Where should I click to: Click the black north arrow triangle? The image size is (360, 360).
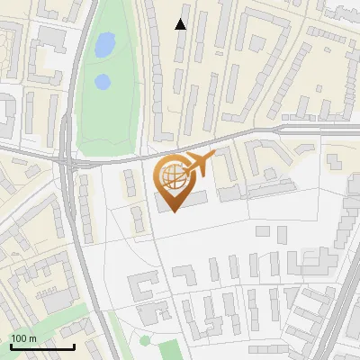click(x=181, y=24)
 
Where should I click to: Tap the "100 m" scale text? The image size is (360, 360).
click(x=23, y=338)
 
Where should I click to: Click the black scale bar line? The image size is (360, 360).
click(x=41, y=346)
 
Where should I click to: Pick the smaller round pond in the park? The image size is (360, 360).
click(x=103, y=83)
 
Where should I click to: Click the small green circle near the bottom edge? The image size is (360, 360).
click(x=145, y=341)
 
